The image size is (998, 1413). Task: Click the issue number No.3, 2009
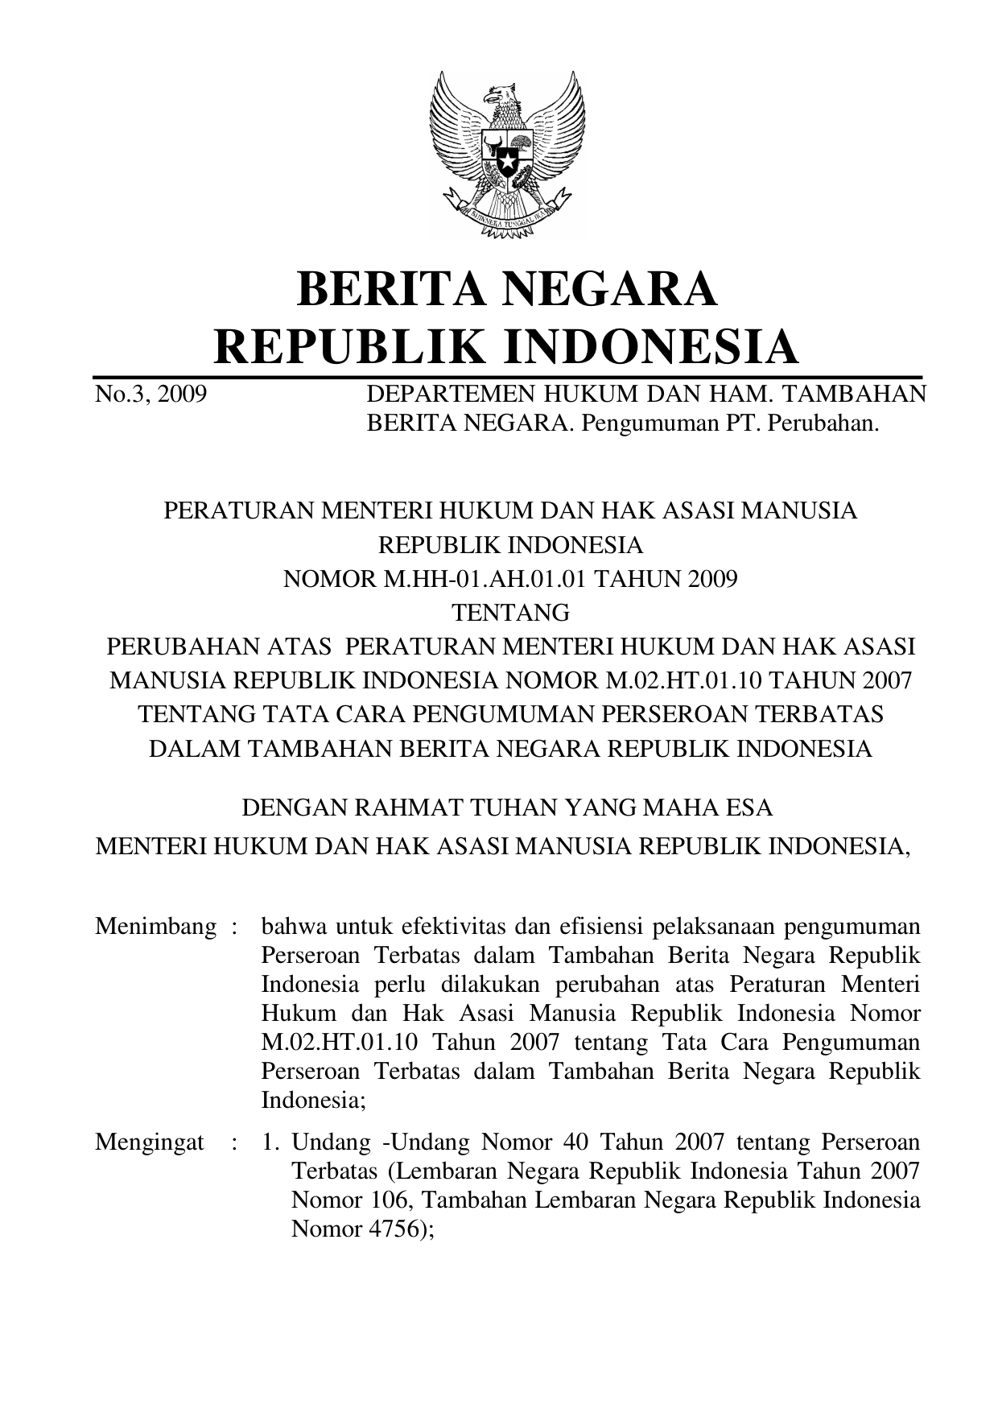[151, 395]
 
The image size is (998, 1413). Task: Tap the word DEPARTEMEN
[447, 395]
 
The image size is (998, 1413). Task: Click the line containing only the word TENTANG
[510, 613]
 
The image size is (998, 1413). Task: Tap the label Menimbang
[155, 927]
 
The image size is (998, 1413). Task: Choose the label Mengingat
[149, 1142]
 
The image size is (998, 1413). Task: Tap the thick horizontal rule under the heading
[507, 376]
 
